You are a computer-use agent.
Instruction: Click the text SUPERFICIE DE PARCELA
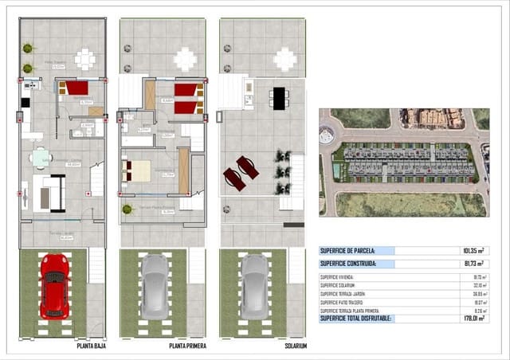click(x=347, y=250)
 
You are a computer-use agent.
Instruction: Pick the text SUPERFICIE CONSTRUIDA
click(x=347, y=263)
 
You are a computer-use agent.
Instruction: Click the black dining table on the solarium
click(x=278, y=98)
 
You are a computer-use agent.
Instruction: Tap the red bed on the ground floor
click(x=76, y=88)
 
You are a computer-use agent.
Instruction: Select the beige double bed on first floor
click(x=135, y=170)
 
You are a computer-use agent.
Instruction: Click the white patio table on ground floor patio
click(x=84, y=58)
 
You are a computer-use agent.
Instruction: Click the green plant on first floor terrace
click(x=127, y=209)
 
